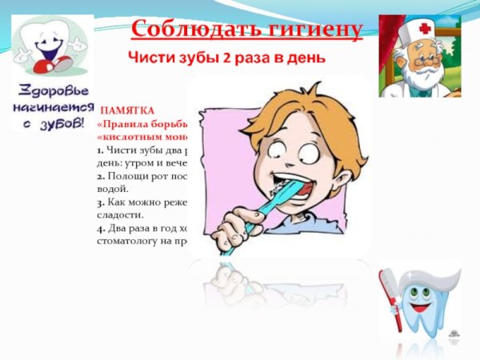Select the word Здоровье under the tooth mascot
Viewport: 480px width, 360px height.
click(49, 90)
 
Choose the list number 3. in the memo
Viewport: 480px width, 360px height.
click(100, 204)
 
